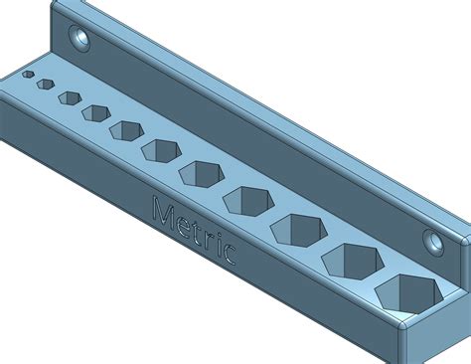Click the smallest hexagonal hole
29,75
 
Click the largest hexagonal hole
405,293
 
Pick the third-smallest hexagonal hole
69,97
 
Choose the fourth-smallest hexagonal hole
95,112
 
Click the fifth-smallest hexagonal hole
126,130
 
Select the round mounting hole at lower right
433,240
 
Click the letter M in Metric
163,214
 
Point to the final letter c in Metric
229,255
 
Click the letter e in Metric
183,227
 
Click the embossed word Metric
195,233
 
